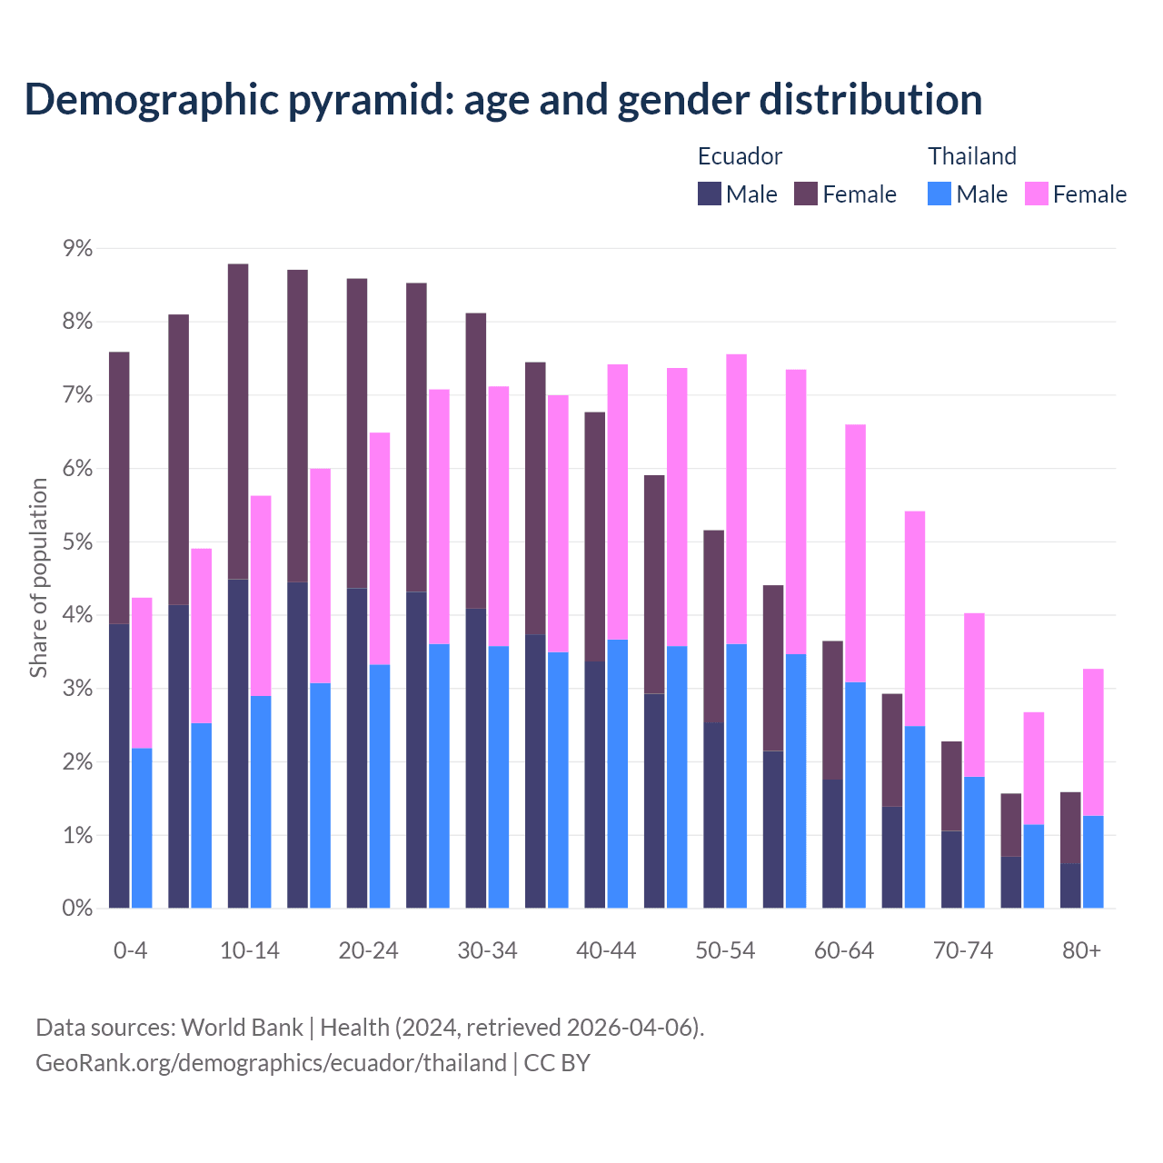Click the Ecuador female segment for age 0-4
click(x=119, y=488)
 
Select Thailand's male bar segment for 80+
click(x=1093, y=861)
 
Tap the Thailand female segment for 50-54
click(x=737, y=499)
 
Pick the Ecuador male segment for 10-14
click(x=238, y=743)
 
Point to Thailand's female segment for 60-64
click(x=855, y=553)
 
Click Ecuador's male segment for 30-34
click(x=475, y=758)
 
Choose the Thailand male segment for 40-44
click(x=618, y=773)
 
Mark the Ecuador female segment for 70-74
click(x=951, y=786)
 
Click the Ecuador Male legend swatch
click(x=710, y=194)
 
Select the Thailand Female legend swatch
click(x=1037, y=194)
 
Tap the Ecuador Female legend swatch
click(x=806, y=194)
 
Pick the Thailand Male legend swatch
click(x=939, y=194)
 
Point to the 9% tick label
click(x=78, y=248)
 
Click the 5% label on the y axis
click(x=78, y=542)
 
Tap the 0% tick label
click(x=78, y=908)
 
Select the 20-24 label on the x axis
click(x=368, y=950)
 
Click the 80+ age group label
click(x=1081, y=950)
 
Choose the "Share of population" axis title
click(x=39, y=578)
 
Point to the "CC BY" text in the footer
click(x=557, y=1062)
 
